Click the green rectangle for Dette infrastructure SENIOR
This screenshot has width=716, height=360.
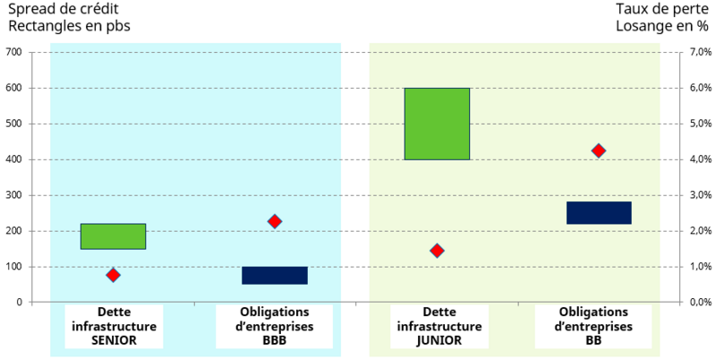113,236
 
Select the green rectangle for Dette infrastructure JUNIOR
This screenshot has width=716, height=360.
437,124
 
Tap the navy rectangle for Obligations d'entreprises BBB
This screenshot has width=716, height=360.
275,275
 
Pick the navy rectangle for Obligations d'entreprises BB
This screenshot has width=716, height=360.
599,212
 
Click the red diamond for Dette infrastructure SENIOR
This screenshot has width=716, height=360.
113,275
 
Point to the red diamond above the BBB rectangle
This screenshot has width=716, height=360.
275,221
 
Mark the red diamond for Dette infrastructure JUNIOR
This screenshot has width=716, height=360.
437,251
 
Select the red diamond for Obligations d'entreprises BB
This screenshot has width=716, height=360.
599,150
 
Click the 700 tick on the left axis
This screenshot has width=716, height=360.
13,52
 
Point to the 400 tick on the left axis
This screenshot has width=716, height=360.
13,159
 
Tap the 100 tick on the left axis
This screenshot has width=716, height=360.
13,267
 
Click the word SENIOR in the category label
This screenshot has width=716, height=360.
114,340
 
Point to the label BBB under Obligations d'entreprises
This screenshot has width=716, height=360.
275,340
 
